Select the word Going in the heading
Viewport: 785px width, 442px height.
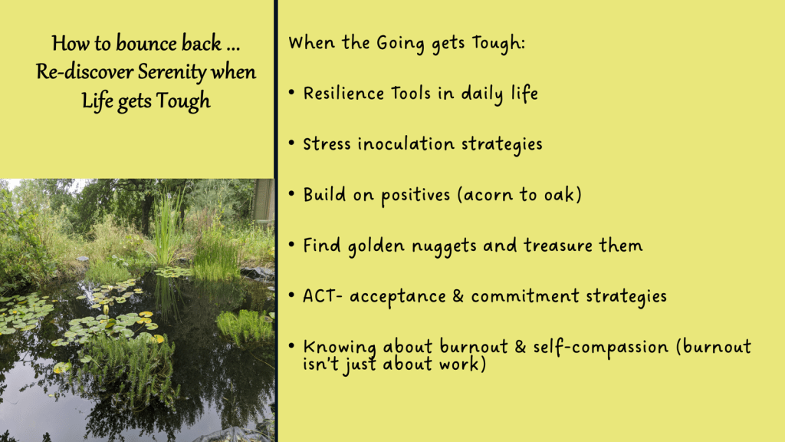tap(400, 43)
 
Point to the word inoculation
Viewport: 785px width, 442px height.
tap(406, 143)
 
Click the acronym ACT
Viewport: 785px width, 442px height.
tap(319, 295)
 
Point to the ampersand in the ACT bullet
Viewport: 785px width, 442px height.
tap(458, 295)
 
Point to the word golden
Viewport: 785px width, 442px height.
tap(376, 246)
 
